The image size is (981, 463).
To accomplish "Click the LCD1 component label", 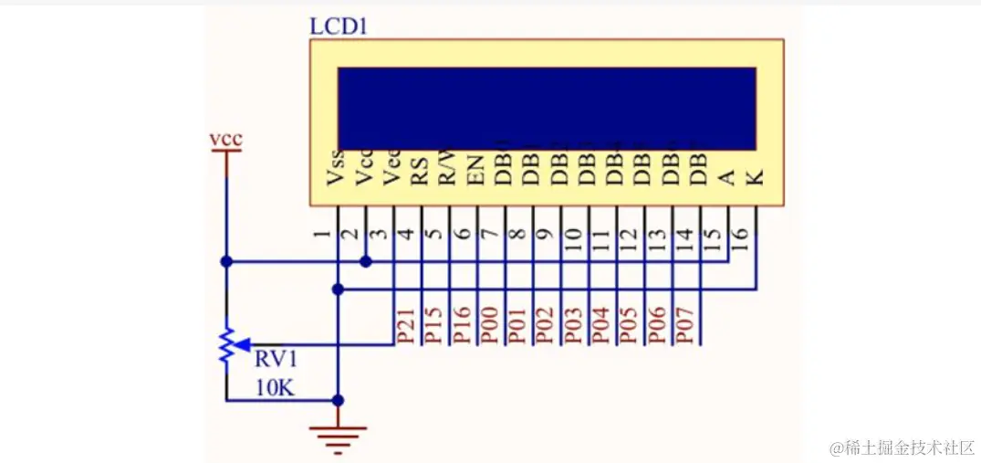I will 339,25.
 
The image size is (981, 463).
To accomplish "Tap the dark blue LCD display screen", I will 547,108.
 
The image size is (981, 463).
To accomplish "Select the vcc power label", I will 225,140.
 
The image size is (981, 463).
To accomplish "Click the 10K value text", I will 275,388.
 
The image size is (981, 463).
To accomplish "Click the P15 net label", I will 434,326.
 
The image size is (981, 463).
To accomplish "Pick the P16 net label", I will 463,326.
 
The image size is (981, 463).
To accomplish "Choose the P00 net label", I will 490,326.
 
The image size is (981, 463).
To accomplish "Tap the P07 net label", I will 686,326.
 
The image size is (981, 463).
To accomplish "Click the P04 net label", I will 602,326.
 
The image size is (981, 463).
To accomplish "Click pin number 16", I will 740,237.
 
